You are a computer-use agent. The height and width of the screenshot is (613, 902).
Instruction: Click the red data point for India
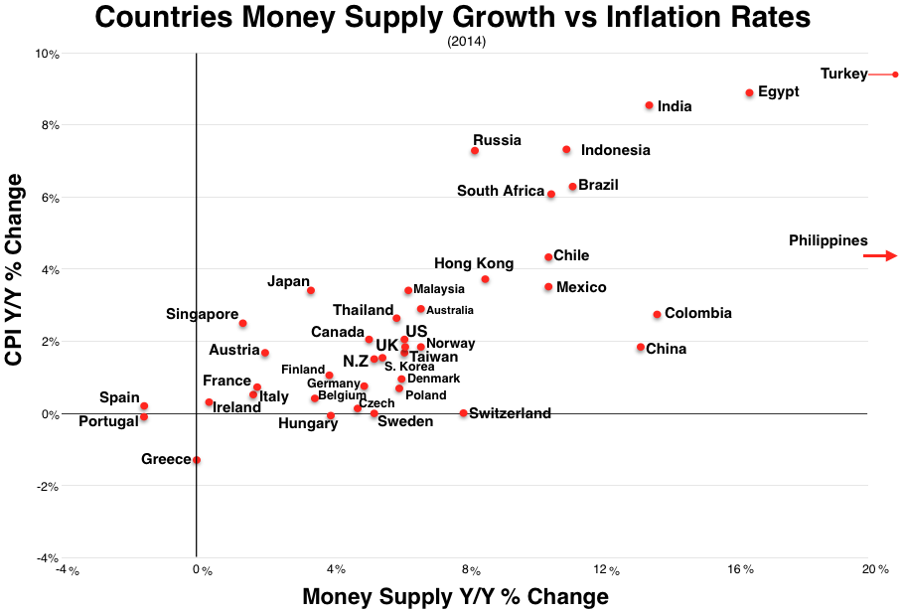pos(649,105)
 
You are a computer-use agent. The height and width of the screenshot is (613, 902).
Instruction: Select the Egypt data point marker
pos(749,92)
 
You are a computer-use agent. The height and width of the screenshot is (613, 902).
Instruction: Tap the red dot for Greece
pos(197,460)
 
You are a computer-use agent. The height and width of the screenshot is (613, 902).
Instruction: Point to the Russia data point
pos(475,151)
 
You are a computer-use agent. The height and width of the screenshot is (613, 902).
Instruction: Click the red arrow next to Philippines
pos(879,255)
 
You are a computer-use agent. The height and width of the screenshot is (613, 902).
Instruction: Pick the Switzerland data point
pos(463,413)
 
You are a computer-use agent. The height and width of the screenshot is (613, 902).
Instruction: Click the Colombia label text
pos(697,313)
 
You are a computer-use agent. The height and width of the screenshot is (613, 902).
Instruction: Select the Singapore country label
pos(202,314)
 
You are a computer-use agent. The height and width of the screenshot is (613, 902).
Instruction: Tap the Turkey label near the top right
pos(843,74)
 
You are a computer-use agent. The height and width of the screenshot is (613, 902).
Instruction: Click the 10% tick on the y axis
pos(46,54)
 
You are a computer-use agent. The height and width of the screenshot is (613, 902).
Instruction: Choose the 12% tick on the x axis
pos(607,570)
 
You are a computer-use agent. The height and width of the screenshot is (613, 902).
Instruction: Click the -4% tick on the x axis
pos(66,570)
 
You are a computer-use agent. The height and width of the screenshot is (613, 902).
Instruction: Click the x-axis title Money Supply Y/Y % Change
pos(454,596)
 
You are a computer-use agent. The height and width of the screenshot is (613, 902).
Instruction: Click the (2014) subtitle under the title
pos(467,42)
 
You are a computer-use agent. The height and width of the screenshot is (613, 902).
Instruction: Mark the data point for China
pos(640,348)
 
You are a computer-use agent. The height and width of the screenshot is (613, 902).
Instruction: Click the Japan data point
pos(310,290)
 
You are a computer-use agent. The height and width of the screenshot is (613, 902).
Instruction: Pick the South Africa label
pos(501,191)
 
